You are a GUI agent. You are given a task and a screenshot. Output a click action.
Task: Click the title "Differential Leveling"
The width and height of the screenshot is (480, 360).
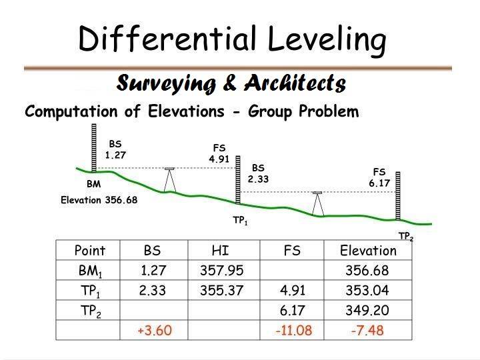point(232,39)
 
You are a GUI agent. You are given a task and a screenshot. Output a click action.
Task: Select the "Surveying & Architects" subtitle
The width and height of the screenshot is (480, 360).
point(231,83)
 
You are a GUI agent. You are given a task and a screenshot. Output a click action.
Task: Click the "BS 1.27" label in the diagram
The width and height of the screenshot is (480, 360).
point(115,149)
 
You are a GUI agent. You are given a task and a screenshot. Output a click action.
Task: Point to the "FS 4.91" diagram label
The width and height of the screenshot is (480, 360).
point(219,153)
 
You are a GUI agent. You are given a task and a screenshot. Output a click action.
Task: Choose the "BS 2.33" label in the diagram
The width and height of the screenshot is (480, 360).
point(258,173)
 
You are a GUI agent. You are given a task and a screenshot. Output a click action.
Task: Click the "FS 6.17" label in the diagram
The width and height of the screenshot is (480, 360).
point(379,177)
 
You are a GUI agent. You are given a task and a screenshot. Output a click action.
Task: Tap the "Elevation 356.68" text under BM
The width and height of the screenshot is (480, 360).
point(99,200)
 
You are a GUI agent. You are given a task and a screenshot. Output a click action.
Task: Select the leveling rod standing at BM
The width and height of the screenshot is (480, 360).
point(94,148)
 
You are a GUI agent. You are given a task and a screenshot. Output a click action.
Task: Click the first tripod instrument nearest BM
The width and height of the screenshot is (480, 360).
point(170,178)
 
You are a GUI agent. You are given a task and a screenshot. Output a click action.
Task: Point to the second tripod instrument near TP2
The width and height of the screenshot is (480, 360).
point(317,203)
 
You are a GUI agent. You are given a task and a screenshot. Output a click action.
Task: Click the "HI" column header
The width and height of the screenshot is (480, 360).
point(220,251)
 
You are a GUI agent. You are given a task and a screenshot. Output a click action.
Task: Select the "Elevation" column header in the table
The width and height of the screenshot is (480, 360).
point(367,251)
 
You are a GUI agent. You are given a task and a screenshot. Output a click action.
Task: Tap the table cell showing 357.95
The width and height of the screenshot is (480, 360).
point(221,271)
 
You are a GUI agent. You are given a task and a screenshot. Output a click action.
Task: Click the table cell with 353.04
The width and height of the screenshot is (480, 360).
point(367,291)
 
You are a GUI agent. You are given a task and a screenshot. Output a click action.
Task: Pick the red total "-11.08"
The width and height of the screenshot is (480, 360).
point(293,331)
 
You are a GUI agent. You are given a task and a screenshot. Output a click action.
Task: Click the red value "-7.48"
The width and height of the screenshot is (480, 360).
point(367,331)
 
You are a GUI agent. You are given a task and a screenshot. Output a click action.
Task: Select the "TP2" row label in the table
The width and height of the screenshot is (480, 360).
point(90,311)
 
